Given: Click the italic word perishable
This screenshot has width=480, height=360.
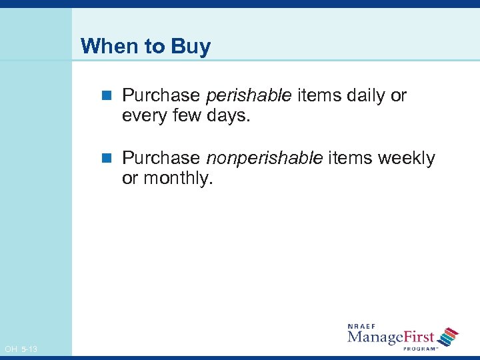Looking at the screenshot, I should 249,96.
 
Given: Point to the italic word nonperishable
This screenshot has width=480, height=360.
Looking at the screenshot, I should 265,158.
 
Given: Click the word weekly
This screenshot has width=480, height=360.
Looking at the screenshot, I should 406,158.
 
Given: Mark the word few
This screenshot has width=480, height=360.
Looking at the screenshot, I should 187,117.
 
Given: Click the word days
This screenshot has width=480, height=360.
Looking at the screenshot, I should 229,117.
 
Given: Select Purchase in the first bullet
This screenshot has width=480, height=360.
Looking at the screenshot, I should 161,96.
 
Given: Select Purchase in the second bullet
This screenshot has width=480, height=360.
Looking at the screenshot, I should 161,158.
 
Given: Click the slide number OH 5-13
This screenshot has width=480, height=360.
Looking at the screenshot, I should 21,349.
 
